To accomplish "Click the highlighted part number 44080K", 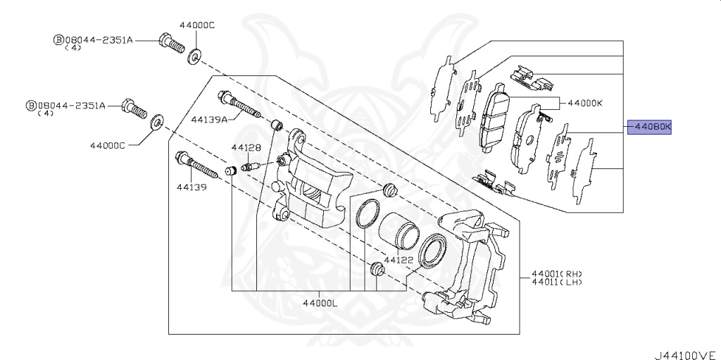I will point(651,128).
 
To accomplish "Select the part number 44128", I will point(246,148).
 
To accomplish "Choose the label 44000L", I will point(320,303).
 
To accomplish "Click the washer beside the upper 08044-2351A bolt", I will point(194,54).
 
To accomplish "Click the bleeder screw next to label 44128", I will point(251,167).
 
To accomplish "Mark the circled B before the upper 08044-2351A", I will point(58,40).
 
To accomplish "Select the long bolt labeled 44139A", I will point(239,106).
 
